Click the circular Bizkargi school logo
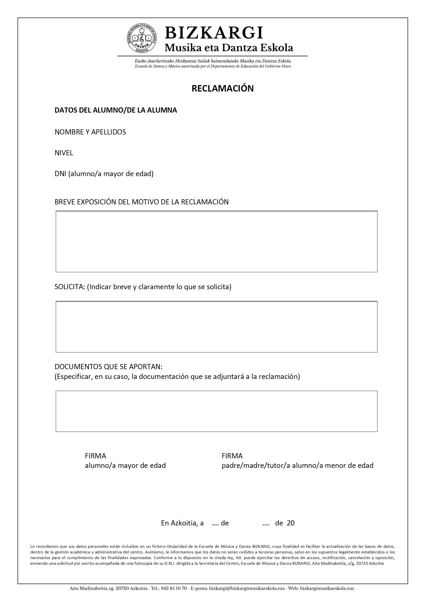(142, 39)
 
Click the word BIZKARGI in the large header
(214, 33)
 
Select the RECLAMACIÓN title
(222, 88)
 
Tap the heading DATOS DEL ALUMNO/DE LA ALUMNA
(115, 110)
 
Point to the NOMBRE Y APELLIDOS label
(90, 132)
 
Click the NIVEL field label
(64, 153)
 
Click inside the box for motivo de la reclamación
(216, 241)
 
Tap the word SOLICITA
(69, 287)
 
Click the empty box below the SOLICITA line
(216, 327)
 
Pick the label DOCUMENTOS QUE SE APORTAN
(108, 367)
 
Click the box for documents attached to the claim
(216, 411)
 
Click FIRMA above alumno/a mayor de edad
(95, 456)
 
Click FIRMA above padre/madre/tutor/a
(232, 456)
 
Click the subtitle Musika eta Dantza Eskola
(228, 48)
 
